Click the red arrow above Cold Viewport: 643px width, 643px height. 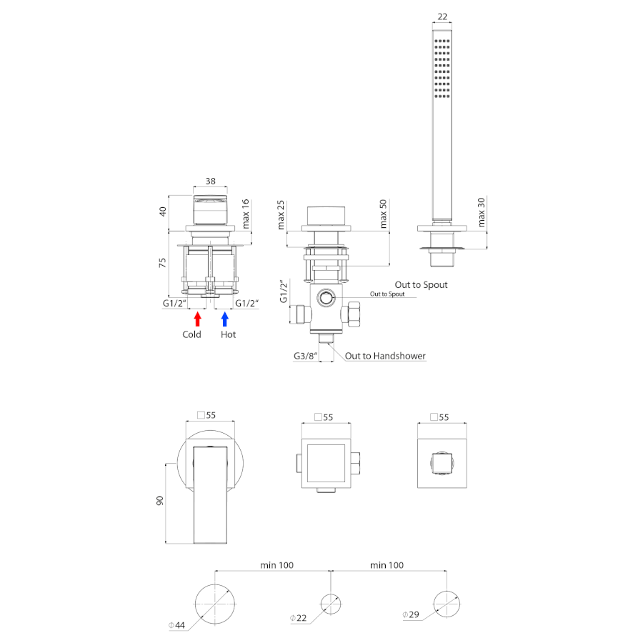[x=198, y=319]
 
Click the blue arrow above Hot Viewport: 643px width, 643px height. [x=225, y=319]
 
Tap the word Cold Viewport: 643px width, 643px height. [x=191, y=334]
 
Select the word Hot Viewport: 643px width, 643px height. [x=228, y=334]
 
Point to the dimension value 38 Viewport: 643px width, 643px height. [x=210, y=181]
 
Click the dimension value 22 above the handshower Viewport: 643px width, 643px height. [x=442, y=17]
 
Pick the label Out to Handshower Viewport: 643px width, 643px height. [x=385, y=356]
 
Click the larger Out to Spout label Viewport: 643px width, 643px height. [x=421, y=284]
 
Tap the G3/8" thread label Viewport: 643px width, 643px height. [x=306, y=356]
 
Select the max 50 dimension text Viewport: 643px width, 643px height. [x=383, y=214]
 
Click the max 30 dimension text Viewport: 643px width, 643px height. [x=482, y=212]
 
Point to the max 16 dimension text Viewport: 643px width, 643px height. [x=245, y=214]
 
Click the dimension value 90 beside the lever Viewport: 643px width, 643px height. [x=159, y=500]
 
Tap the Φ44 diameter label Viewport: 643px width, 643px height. [x=176, y=625]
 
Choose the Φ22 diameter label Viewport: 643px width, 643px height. [x=298, y=618]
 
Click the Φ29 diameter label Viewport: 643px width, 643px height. [x=411, y=614]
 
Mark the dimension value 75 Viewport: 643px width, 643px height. [x=162, y=263]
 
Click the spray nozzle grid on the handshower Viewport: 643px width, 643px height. [x=442, y=69]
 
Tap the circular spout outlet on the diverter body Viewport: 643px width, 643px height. [x=327, y=298]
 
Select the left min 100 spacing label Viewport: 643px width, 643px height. [x=276, y=565]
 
